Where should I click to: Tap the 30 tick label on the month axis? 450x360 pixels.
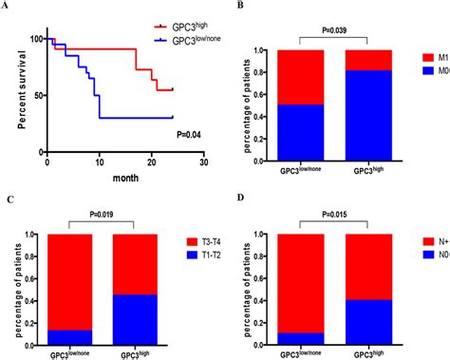(203, 162)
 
